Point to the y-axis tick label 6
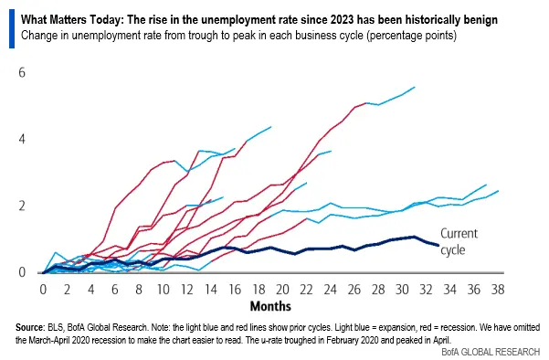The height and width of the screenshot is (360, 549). (20, 72)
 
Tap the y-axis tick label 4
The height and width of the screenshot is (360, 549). (20, 139)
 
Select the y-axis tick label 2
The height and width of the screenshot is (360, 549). (20, 206)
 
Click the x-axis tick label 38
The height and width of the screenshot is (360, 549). (498, 289)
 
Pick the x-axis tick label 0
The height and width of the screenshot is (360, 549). (43, 289)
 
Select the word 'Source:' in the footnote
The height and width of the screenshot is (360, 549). (33, 327)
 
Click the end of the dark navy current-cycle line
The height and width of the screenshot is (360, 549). (438, 245)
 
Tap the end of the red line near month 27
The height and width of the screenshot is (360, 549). (365, 103)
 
